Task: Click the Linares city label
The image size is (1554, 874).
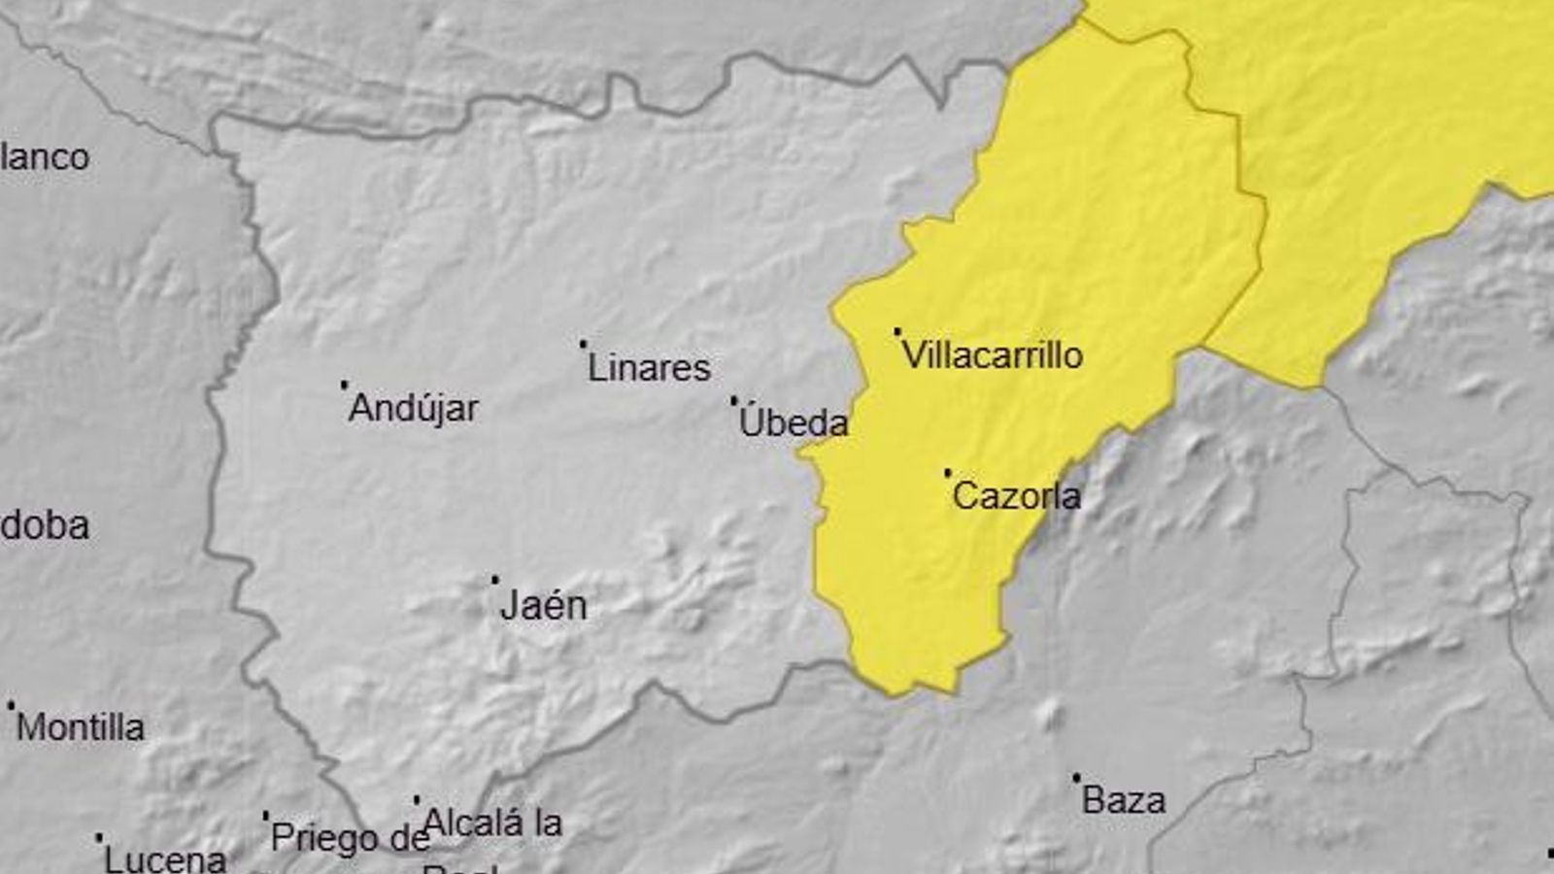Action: pyautogui.click(x=649, y=368)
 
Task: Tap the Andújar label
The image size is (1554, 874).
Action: pyautogui.click(x=413, y=408)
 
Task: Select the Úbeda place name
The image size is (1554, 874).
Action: pyautogui.click(x=794, y=422)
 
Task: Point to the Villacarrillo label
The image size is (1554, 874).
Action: pyautogui.click(x=992, y=355)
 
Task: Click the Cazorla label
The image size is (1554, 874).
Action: pyautogui.click(x=1016, y=496)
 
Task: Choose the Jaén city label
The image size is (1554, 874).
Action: pyautogui.click(x=543, y=606)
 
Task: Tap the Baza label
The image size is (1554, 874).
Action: pyautogui.click(x=1123, y=801)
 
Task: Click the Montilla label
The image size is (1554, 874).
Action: pyautogui.click(x=81, y=727)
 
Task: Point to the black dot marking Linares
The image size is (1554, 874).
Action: pyautogui.click(x=583, y=343)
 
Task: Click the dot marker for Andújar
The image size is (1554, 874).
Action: pyautogui.click(x=344, y=385)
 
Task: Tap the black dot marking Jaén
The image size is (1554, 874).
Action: pyautogui.click(x=494, y=580)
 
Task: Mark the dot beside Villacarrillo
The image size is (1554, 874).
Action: pyautogui.click(x=896, y=331)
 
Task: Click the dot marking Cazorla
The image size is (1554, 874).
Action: pyautogui.click(x=947, y=473)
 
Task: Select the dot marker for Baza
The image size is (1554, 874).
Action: pyautogui.click(x=1075, y=778)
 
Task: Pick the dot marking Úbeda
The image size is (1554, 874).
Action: pyautogui.click(x=733, y=399)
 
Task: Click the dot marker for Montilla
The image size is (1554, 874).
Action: pyautogui.click(x=11, y=705)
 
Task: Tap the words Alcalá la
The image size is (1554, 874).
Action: pyautogui.click(x=492, y=824)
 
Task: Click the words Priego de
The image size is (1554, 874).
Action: pyautogui.click(x=349, y=837)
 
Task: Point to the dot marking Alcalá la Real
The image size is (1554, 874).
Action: pyautogui.click(x=417, y=800)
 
